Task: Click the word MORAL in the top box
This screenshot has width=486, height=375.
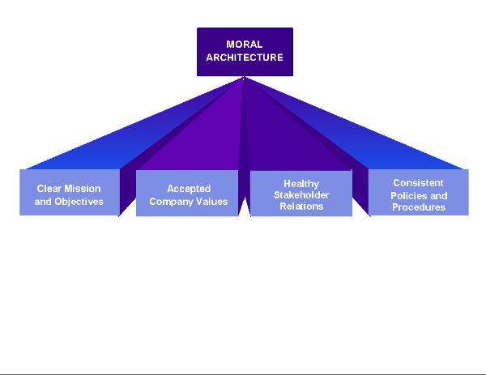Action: (x=245, y=45)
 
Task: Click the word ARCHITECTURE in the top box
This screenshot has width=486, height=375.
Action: (x=245, y=58)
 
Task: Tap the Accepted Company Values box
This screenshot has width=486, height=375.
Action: (x=188, y=194)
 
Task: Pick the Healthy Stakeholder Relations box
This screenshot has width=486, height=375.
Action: (x=301, y=194)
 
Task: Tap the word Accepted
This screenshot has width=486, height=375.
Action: (x=189, y=189)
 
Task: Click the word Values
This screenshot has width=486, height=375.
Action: (x=214, y=201)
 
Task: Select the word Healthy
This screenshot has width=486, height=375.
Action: (x=301, y=184)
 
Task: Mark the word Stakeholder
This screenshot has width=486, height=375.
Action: (x=301, y=195)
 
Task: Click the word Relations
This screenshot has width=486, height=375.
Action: (x=301, y=207)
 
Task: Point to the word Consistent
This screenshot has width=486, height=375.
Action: (x=419, y=183)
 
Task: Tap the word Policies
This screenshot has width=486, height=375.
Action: (x=408, y=195)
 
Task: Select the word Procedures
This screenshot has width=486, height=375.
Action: (x=419, y=207)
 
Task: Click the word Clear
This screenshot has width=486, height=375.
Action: (x=49, y=189)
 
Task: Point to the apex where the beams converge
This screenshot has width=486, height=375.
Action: (x=245, y=78)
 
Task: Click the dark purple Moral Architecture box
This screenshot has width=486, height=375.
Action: (x=245, y=52)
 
